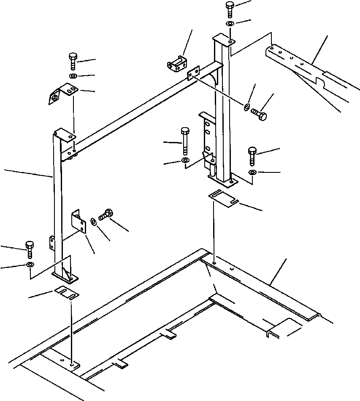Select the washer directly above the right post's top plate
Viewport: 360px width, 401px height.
pos(230,24)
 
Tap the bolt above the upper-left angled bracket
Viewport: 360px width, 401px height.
pos(72,61)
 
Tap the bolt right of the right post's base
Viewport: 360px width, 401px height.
pos(252,155)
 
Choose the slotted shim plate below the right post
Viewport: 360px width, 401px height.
pos(224,199)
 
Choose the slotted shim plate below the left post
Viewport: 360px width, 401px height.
pos(67,292)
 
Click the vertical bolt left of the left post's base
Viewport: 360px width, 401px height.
pos(30,249)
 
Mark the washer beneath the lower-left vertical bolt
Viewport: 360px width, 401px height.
pos(30,265)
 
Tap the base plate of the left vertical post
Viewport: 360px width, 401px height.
pos(65,276)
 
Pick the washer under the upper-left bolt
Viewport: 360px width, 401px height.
pos(72,76)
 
